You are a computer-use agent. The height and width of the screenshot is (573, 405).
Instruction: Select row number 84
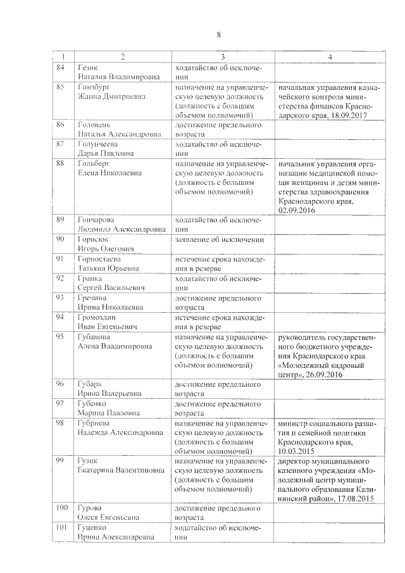60,67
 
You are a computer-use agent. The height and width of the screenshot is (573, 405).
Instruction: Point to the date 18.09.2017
347,116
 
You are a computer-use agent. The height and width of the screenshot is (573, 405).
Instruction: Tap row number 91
61,258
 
